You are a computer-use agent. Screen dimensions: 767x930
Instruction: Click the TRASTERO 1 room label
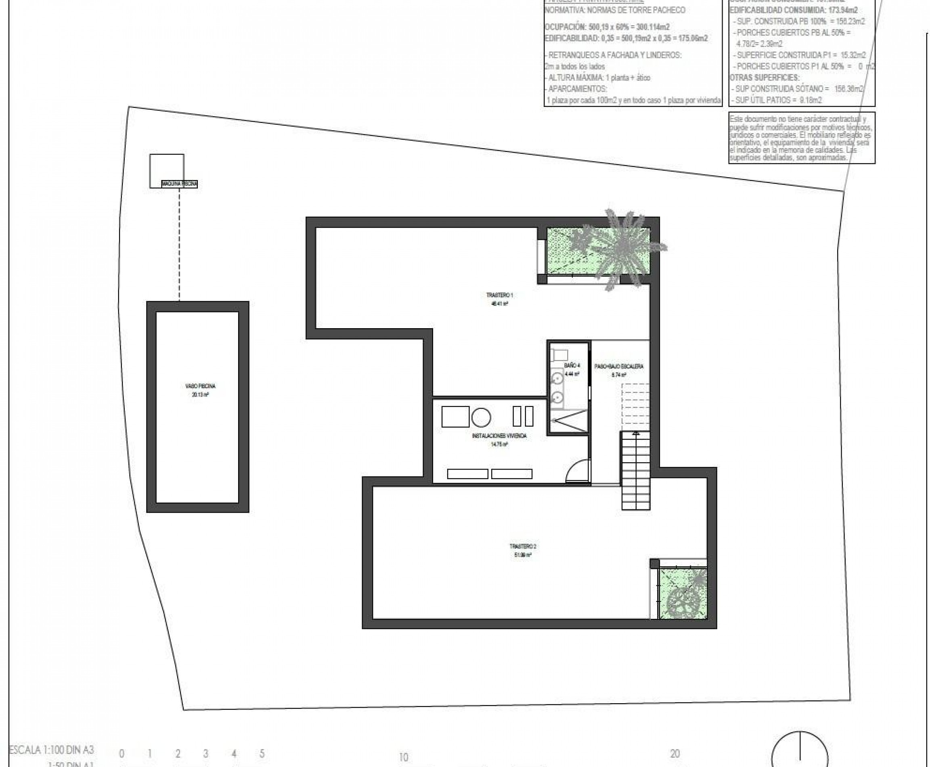[499, 295]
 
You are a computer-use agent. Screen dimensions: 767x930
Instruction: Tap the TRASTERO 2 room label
[523, 547]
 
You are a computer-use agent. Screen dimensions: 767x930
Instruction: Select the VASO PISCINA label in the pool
[200, 386]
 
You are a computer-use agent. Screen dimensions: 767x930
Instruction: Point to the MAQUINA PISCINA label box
[179, 184]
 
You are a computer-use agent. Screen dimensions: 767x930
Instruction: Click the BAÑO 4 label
[572, 366]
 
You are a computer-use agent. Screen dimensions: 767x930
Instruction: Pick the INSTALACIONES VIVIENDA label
[499, 436]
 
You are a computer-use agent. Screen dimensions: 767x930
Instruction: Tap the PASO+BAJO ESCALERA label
[618, 366]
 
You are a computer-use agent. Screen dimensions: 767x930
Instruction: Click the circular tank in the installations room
[481, 417]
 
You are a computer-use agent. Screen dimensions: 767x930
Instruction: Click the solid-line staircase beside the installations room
[636, 471]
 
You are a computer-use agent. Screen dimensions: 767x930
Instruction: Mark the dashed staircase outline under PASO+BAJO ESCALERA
[635, 407]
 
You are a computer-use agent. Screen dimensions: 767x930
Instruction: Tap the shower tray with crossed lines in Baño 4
[569, 421]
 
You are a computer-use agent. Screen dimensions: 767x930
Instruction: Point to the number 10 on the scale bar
[403, 757]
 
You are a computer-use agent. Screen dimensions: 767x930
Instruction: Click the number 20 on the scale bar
[674, 754]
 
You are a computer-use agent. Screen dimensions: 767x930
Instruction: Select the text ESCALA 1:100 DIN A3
[52, 750]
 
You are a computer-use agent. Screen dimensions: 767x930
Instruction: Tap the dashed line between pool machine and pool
[179, 243]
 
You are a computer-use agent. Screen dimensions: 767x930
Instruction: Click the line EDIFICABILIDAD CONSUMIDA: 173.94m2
[794, 10]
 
